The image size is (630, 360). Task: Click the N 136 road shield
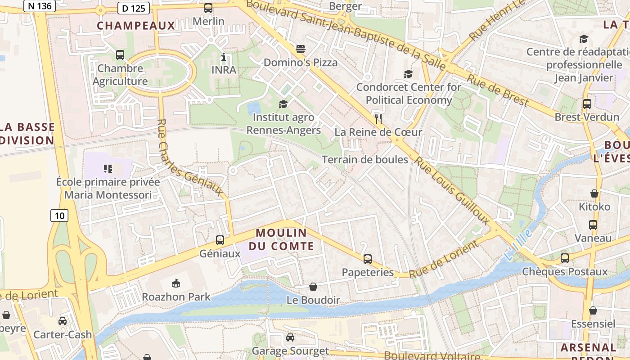point(39,6)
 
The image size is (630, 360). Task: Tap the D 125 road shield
point(133,7)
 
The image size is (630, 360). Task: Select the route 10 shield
point(59,216)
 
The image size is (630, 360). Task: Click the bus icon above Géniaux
point(220,240)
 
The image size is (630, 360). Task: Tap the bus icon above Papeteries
point(368,259)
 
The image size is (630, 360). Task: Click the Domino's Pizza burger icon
point(301,49)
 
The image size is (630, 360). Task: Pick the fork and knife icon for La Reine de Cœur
point(378,119)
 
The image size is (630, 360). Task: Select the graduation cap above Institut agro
point(283,104)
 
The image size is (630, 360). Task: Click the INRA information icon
point(224,57)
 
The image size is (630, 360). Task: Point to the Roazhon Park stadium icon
point(176,283)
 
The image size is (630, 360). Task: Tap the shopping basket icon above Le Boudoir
point(313,287)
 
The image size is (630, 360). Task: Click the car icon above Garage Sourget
point(290,337)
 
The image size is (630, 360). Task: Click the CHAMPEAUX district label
point(136,26)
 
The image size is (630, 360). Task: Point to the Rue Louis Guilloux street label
point(452,191)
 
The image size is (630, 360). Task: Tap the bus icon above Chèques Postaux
point(565,258)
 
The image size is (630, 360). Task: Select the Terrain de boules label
point(365,160)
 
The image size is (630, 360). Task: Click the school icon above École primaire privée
point(108,169)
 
